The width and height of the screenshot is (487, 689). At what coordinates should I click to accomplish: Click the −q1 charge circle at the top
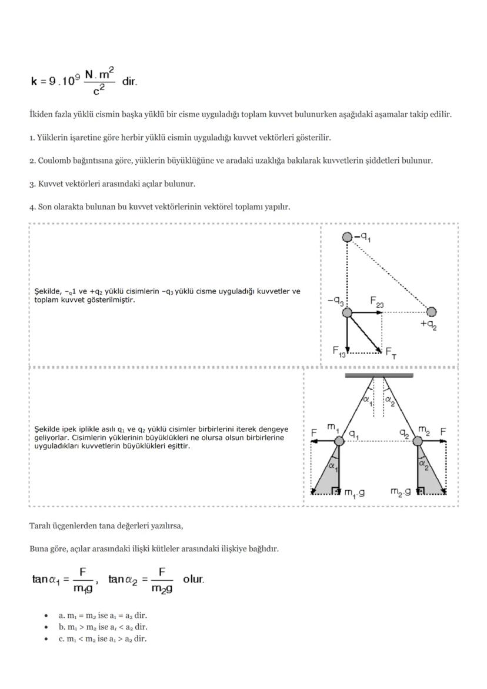click(348, 237)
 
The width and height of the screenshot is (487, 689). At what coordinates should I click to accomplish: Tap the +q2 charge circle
click(431, 311)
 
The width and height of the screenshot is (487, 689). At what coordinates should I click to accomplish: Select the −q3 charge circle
click(348, 312)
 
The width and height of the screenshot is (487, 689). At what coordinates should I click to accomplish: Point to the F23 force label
click(377, 301)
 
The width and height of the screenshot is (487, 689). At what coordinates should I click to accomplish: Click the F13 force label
click(339, 352)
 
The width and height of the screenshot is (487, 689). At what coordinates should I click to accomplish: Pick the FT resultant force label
click(391, 352)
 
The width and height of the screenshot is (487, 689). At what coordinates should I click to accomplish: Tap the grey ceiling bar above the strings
click(379, 374)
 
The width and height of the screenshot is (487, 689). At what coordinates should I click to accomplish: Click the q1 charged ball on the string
click(339, 441)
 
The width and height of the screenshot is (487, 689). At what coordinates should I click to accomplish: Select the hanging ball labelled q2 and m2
click(418, 441)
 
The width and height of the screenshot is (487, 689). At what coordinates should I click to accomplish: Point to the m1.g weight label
click(354, 492)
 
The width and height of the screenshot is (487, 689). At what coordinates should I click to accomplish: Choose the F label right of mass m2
click(443, 432)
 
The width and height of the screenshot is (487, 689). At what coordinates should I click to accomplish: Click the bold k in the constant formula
click(35, 81)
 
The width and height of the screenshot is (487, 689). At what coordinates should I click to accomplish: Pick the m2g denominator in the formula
click(162, 589)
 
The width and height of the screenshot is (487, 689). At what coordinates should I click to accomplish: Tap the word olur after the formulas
click(194, 579)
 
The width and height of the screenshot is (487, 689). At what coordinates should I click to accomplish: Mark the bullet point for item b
click(46, 627)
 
